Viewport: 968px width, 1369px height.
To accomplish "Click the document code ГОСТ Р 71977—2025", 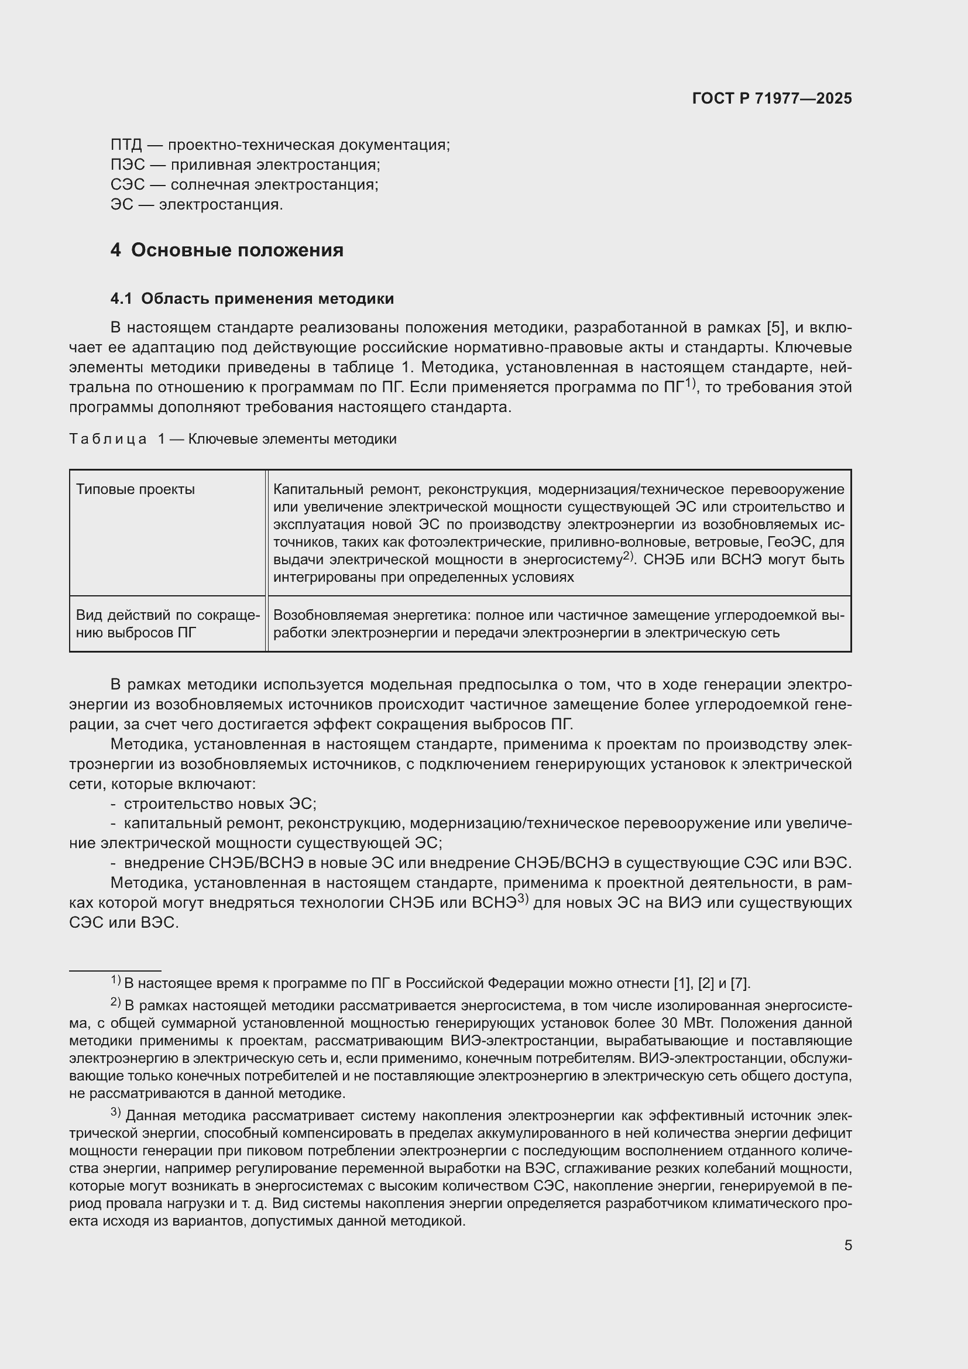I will click(772, 99).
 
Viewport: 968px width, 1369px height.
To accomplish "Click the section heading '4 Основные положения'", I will click(227, 250).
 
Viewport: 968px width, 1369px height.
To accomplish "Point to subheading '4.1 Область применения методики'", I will click(252, 298).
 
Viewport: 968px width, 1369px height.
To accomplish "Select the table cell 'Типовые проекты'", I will click(135, 489).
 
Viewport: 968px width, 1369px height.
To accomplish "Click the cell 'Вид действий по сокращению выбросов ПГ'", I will click(167, 624).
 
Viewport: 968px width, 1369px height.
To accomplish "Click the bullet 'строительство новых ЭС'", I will click(219, 804).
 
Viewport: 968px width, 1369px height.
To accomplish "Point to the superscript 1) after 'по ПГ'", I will click(690, 383).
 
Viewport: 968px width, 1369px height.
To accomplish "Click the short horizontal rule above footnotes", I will click(115, 970).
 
